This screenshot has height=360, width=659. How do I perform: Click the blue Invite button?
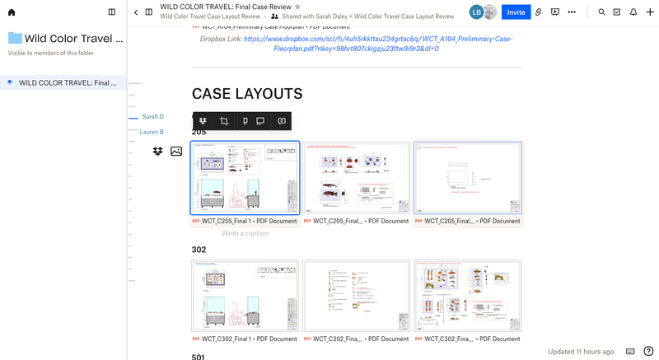point(516,12)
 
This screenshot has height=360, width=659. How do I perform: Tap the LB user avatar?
point(476,12)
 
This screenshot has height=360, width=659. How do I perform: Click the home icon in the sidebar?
point(12,12)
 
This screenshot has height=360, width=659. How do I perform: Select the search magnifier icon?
point(601,12)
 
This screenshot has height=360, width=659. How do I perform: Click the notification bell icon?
point(633,12)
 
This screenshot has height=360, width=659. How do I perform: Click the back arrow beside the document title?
point(136,12)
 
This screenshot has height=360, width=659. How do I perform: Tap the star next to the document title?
point(298,7)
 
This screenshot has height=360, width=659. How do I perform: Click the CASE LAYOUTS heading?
point(247,94)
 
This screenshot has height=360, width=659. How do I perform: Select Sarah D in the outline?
point(152,117)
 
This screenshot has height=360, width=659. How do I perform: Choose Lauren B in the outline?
point(152,132)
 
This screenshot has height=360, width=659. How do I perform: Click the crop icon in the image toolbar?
point(223,121)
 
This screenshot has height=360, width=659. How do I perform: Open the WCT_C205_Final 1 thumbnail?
point(245,178)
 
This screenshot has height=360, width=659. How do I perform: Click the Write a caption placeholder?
point(245,233)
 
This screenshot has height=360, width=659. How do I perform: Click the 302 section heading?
point(199,249)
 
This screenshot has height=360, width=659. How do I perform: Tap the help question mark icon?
point(648,351)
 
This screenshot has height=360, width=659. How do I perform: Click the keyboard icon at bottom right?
point(630,351)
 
